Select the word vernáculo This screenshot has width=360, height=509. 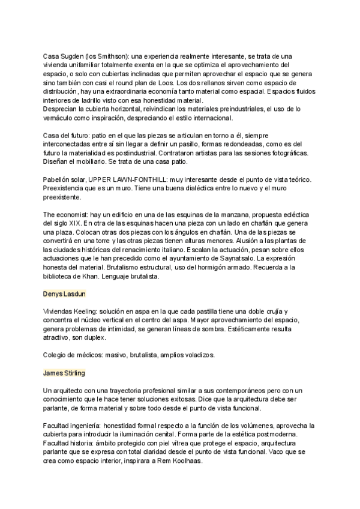tap(61, 119)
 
